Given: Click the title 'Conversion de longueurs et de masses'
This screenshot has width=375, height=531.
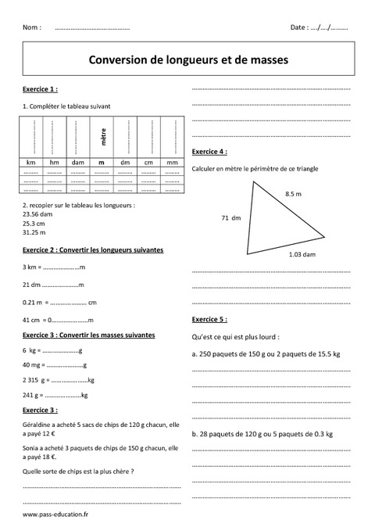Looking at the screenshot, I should coord(188,59).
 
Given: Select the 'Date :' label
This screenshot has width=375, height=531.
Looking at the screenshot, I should coord(299,27).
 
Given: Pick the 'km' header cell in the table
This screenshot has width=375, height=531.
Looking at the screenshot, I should coord(32,162).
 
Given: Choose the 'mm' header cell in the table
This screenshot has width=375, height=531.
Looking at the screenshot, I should coord(172,162).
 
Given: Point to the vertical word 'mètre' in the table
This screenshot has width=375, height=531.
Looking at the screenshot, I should coord(102,138).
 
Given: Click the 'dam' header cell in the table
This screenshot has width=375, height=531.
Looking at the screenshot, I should coord(78,162).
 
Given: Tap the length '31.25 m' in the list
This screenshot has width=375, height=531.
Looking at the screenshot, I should coord(36,231).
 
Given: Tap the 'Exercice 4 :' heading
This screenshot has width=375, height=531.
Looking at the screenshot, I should coord(209,150).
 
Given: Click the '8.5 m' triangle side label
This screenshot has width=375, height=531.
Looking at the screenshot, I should coord(294,193).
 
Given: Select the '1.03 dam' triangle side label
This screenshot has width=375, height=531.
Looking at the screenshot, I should coord(302,254).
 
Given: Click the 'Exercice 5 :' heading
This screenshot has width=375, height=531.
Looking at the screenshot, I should coord(209,319).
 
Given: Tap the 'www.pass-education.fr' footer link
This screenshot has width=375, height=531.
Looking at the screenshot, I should coord(55,515).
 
